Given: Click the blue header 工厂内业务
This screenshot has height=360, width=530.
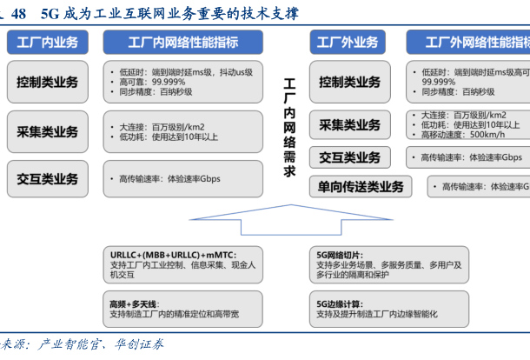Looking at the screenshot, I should pos(47,42).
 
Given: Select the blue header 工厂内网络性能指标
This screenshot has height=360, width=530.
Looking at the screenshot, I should pos(182,42).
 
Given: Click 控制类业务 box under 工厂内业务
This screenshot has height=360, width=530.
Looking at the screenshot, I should pos(47,83).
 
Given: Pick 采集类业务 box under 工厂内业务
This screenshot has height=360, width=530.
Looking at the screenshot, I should pos(47,132).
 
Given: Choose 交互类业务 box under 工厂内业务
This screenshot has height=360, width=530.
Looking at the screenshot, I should pos(47,179).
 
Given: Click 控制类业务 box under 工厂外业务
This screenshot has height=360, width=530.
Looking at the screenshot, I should pos(348,83).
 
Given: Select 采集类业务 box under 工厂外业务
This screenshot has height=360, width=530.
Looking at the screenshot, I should pos(348,125).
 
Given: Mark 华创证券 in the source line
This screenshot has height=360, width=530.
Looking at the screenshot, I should pos(138,344).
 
